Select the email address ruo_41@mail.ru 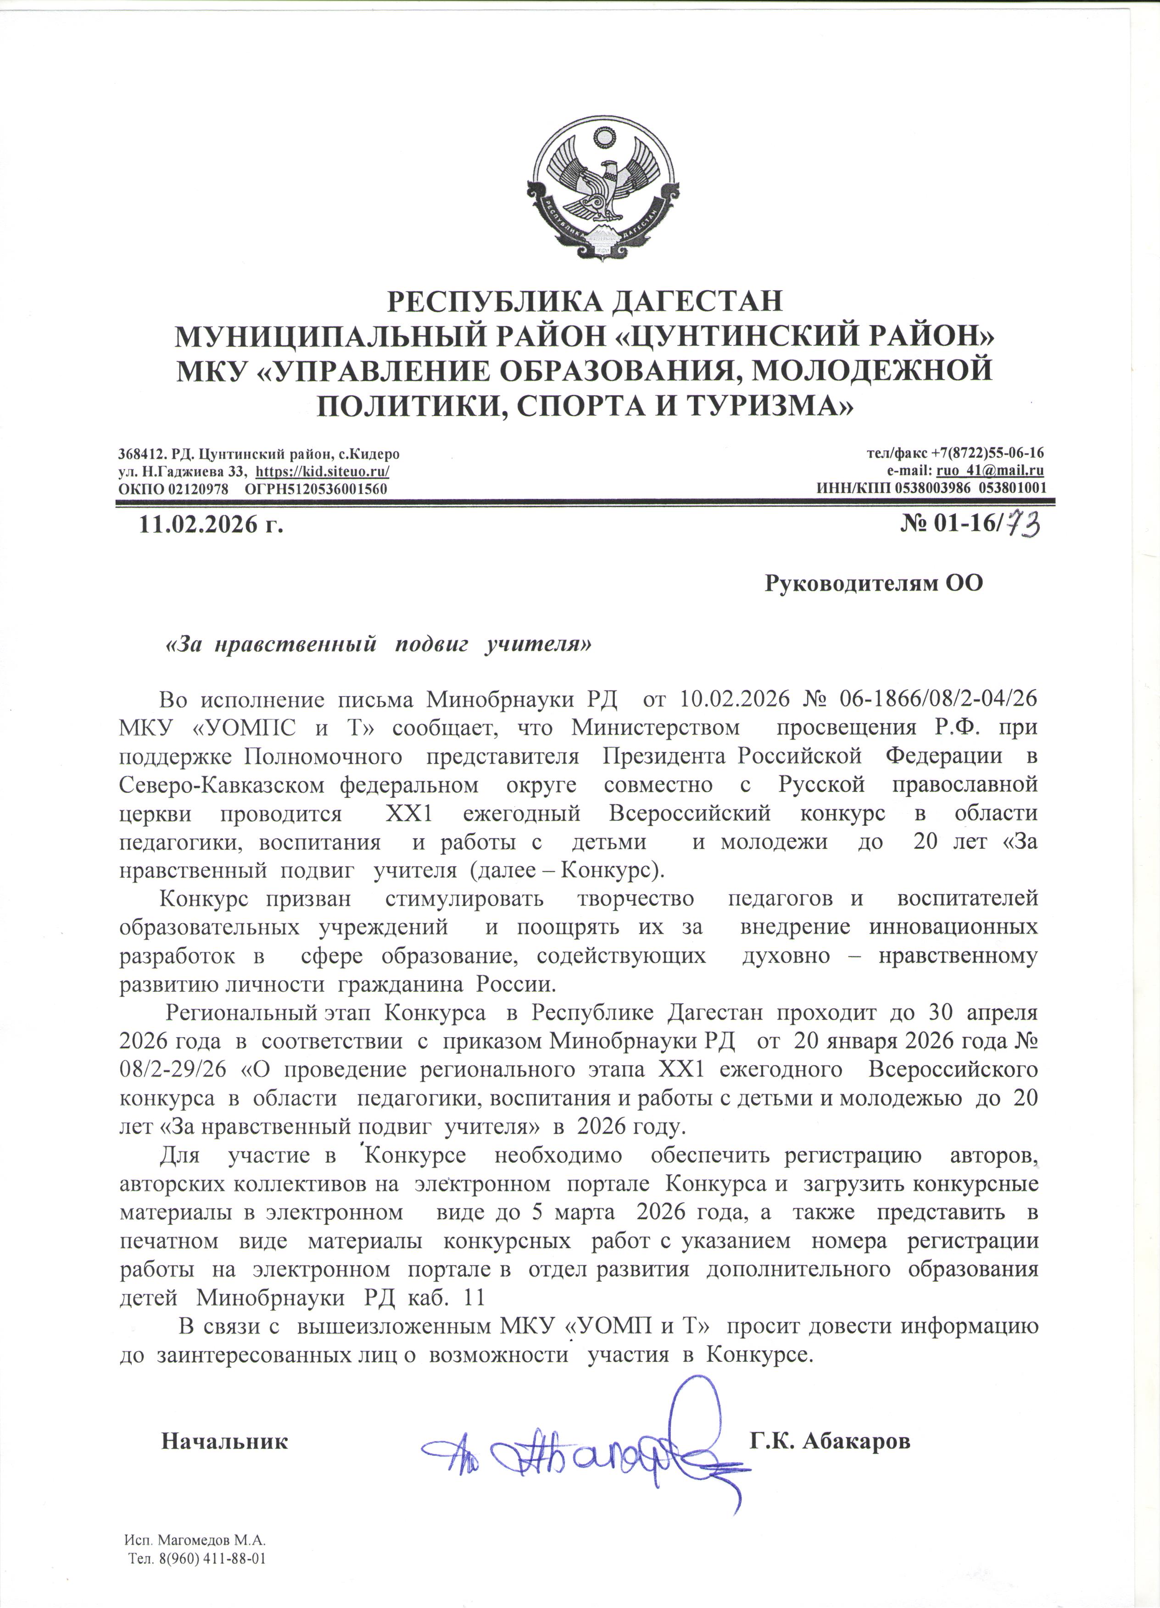coord(990,471)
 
